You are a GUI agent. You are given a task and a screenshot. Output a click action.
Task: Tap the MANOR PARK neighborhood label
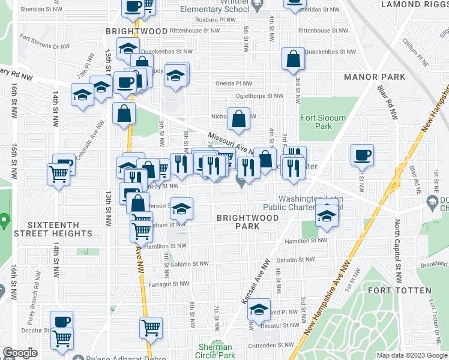(375, 77)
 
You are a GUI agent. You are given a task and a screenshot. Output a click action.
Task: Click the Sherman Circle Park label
(215, 351)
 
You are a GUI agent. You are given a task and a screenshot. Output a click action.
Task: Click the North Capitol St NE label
(397, 241)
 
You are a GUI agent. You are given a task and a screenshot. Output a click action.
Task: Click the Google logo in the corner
(20, 353)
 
